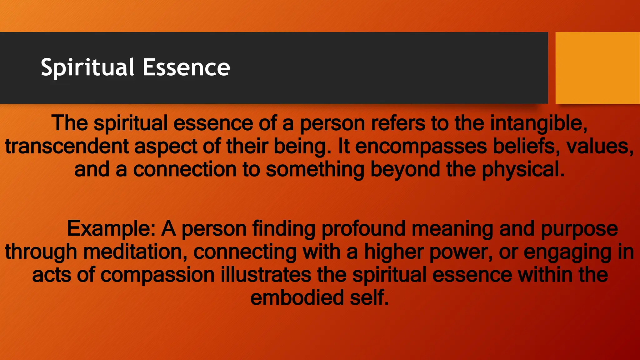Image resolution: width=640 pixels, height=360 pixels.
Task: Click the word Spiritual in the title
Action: (x=87, y=67)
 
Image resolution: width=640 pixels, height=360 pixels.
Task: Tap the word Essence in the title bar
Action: (x=186, y=67)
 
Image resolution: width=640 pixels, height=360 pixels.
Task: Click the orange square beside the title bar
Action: (x=597, y=68)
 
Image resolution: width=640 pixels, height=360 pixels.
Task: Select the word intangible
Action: (x=539, y=123)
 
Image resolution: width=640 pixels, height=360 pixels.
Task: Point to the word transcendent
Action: (x=67, y=146)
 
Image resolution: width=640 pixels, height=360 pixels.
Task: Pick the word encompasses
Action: (x=421, y=146)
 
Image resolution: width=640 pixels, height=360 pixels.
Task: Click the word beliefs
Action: (x=527, y=146)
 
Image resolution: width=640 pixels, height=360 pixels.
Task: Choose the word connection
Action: (x=185, y=169)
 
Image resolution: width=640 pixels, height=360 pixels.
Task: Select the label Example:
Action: (x=111, y=229)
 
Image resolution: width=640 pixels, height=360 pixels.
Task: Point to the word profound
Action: (x=360, y=229)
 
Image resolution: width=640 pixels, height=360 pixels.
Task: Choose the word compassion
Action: (x=157, y=275)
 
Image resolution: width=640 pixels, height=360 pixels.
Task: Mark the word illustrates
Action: (x=266, y=275)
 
